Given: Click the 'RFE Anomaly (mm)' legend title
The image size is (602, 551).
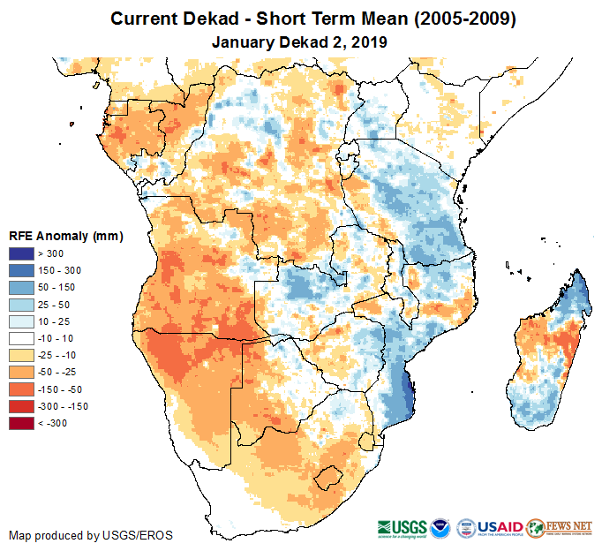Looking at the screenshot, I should click(65, 237).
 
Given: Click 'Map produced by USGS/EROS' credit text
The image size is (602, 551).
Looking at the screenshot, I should click(91, 536).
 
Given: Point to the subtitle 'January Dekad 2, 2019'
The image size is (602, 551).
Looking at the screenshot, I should click(301, 42).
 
